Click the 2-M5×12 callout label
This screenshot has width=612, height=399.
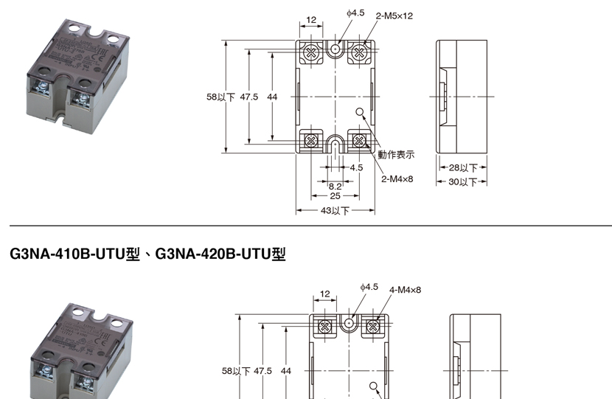click(x=394, y=15)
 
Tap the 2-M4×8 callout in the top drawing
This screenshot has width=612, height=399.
click(x=397, y=178)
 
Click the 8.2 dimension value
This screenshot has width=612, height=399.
click(x=335, y=186)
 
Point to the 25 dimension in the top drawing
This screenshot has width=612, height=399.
click(x=335, y=196)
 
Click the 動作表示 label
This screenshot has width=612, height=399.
click(x=396, y=155)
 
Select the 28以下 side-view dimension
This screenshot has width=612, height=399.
click(x=463, y=168)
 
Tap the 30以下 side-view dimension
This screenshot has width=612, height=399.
click(x=463, y=181)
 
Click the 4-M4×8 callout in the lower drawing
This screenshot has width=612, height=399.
click(x=406, y=290)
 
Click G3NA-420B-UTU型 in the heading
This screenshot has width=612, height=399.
click(x=220, y=254)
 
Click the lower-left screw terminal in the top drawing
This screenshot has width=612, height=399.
click(x=310, y=139)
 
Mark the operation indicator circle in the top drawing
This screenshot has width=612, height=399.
click(x=360, y=112)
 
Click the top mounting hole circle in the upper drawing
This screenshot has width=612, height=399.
click(x=335, y=49)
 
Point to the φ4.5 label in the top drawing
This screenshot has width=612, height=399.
click(x=355, y=13)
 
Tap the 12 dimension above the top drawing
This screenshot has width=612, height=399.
click(x=310, y=20)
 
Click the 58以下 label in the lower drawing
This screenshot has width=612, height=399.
click(x=236, y=371)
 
